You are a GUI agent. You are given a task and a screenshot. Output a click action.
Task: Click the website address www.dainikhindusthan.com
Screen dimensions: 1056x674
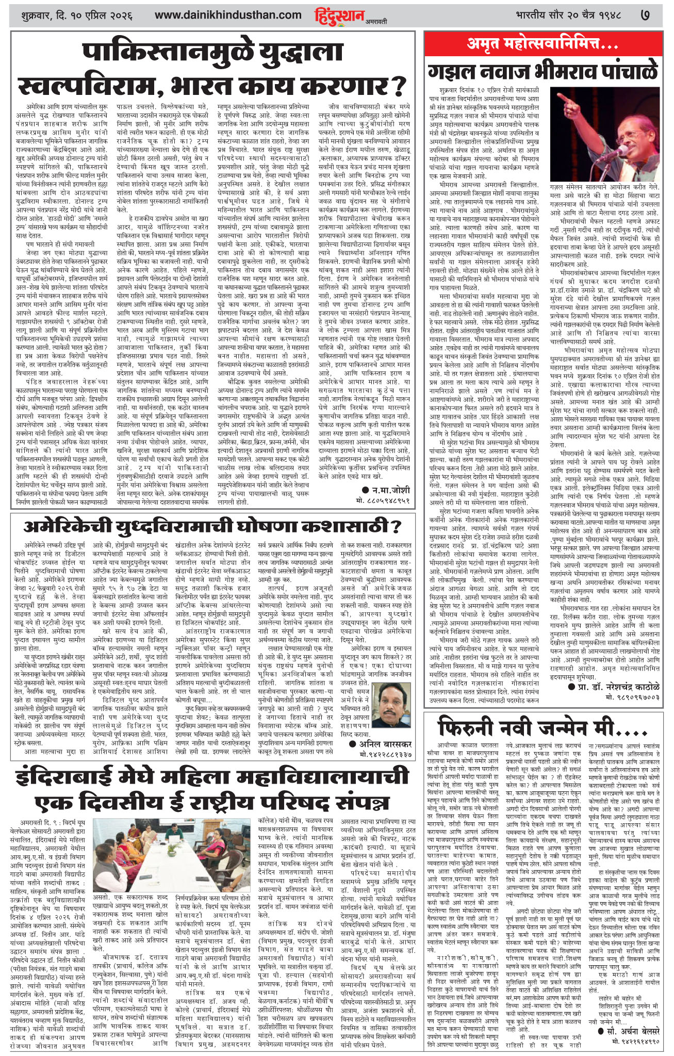(x=228, y=15)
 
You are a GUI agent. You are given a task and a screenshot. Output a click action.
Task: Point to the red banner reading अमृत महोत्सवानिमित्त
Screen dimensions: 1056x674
(x=543, y=44)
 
